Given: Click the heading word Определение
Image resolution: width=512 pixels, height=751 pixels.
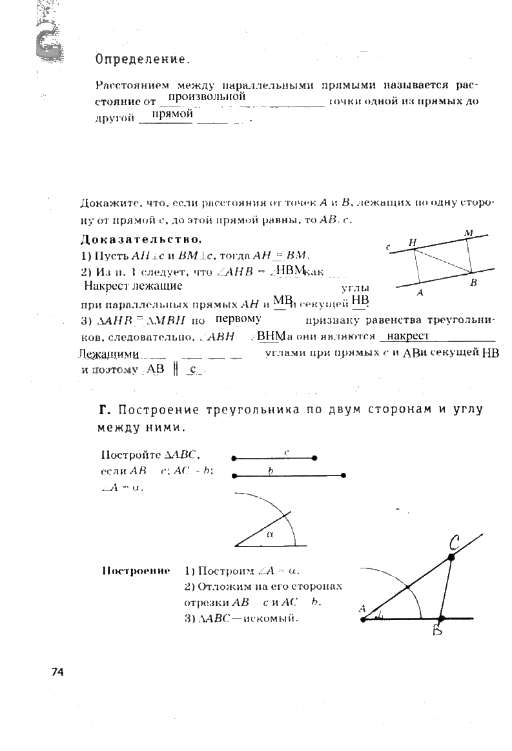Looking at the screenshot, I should [x=143, y=60].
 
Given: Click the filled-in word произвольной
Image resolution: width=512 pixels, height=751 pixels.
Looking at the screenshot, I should [x=205, y=97].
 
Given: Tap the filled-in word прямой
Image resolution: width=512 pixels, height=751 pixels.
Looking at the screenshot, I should [x=172, y=114].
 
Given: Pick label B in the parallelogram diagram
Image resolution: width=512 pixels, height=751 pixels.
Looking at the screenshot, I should [x=473, y=283].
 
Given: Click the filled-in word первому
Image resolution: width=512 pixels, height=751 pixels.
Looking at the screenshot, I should [x=238, y=319].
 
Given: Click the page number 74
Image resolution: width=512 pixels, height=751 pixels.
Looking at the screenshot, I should [x=58, y=672].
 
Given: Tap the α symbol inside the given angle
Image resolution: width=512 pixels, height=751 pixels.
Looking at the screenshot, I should [x=270, y=534].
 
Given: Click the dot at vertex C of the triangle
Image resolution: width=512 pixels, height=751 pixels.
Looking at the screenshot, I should [x=451, y=556].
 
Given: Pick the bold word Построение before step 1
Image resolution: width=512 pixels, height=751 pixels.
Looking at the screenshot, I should [x=136, y=571].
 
